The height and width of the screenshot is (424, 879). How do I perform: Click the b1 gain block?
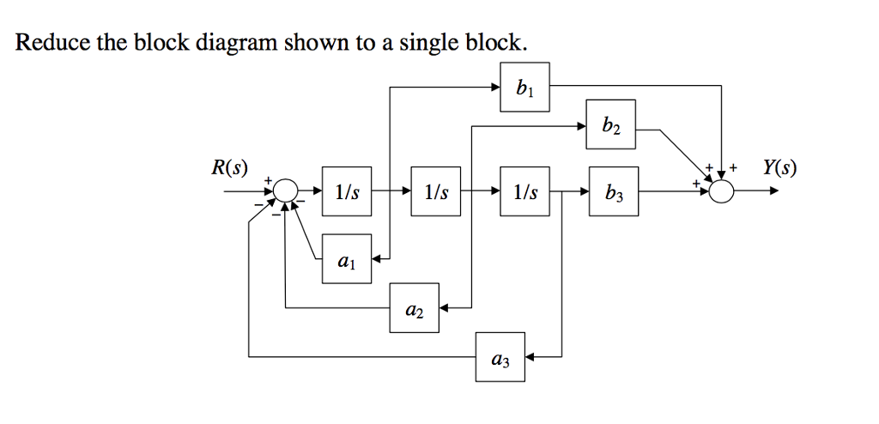[525, 88]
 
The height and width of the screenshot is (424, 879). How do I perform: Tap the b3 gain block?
[613, 191]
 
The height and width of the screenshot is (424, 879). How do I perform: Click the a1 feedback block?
[347, 258]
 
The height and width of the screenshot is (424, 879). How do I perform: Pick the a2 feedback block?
[415, 307]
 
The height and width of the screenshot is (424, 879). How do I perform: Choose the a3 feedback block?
[501, 356]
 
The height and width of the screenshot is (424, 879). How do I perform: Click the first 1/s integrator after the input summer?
[348, 191]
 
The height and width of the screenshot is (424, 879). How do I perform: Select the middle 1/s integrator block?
[436, 191]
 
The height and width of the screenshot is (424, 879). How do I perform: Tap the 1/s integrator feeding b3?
[524, 191]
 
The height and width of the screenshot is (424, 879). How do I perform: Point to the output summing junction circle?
[723, 191]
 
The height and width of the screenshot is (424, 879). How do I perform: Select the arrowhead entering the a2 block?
[446, 307]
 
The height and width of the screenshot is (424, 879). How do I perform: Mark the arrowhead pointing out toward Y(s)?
[774, 191]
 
